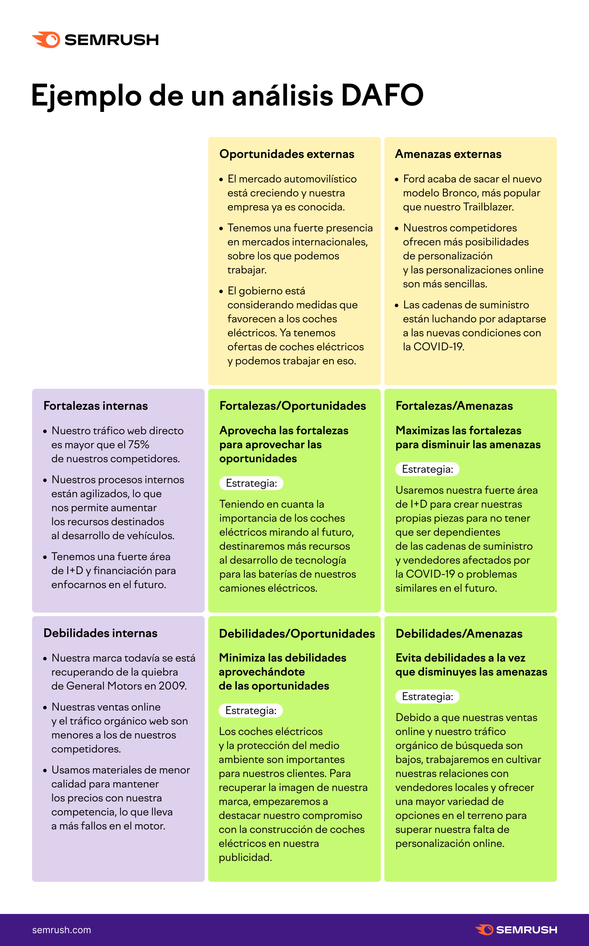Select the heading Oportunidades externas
click(287, 154)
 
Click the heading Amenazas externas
click(448, 154)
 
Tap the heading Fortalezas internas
click(95, 406)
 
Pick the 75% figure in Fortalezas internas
click(139, 444)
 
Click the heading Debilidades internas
click(100, 633)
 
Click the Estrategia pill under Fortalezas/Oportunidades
click(251, 483)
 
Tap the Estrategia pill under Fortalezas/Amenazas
click(427, 470)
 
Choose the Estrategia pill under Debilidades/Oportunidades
click(251, 711)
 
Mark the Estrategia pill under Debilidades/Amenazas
click(427, 697)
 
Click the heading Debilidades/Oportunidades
click(297, 634)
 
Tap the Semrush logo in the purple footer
click(516, 930)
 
